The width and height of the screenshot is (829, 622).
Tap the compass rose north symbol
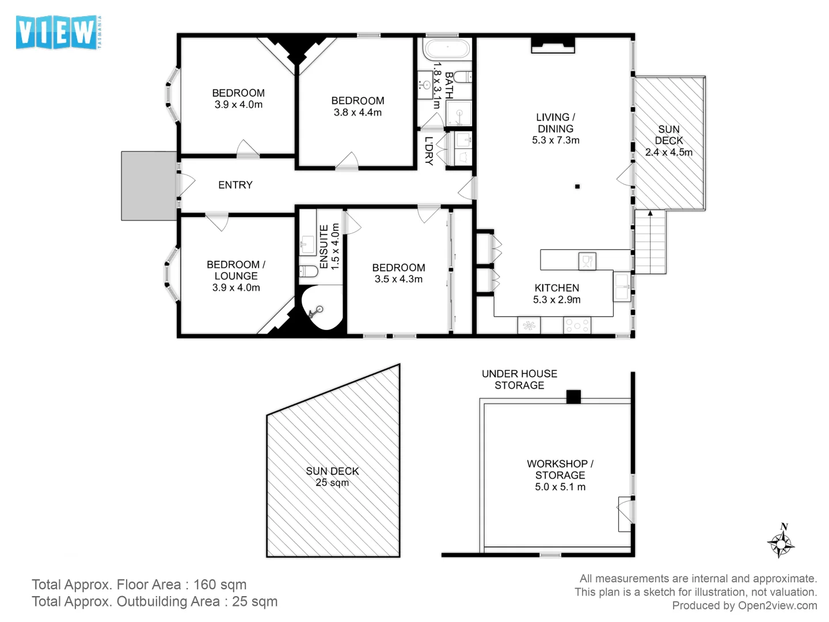click(781, 541)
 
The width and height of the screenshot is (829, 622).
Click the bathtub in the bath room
click(447, 49)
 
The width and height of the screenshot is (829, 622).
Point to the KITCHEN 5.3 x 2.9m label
click(556, 293)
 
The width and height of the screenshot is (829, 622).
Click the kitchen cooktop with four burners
click(577, 325)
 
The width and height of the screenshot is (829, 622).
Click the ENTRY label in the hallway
click(235, 185)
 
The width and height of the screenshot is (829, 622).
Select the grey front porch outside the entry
click(148, 185)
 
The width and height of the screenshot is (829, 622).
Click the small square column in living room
click(577, 187)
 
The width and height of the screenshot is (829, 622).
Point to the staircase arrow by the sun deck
click(650, 214)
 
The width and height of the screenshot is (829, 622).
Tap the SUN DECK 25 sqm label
click(332, 476)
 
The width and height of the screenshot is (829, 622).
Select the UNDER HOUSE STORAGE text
click(519, 380)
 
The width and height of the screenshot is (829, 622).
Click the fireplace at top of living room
click(552, 44)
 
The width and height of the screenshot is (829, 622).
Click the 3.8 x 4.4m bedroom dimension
click(358, 112)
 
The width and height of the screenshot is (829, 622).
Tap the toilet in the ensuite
click(308, 271)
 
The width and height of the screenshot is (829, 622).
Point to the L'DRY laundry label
click(429, 151)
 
